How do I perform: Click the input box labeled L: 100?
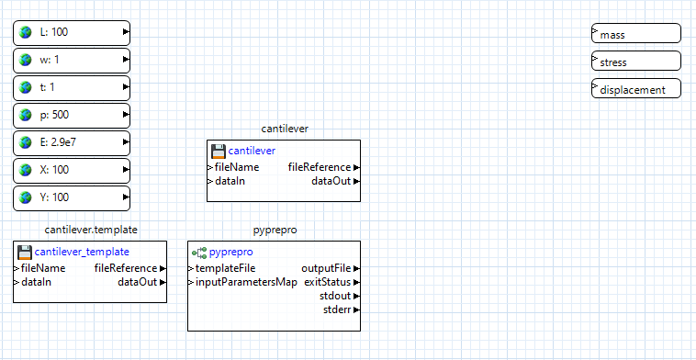[x=72, y=33]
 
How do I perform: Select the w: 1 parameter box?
[x=72, y=61]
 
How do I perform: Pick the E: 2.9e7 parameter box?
[x=72, y=143]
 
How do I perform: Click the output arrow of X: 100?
[x=126, y=171]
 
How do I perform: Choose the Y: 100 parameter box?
[x=72, y=198]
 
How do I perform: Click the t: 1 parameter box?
[x=72, y=88]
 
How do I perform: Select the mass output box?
[x=636, y=34]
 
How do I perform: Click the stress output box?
[x=636, y=62]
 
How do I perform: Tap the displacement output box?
[x=636, y=89]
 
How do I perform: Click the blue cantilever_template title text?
[x=82, y=251]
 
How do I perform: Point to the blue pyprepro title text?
[x=230, y=251]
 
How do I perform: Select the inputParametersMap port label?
[x=245, y=282]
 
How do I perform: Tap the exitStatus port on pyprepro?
[x=328, y=282]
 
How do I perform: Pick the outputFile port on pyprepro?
[x=327, y=268]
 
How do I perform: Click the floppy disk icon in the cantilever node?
[x=218, y=151]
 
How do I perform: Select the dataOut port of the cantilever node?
[x=331, y=181]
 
